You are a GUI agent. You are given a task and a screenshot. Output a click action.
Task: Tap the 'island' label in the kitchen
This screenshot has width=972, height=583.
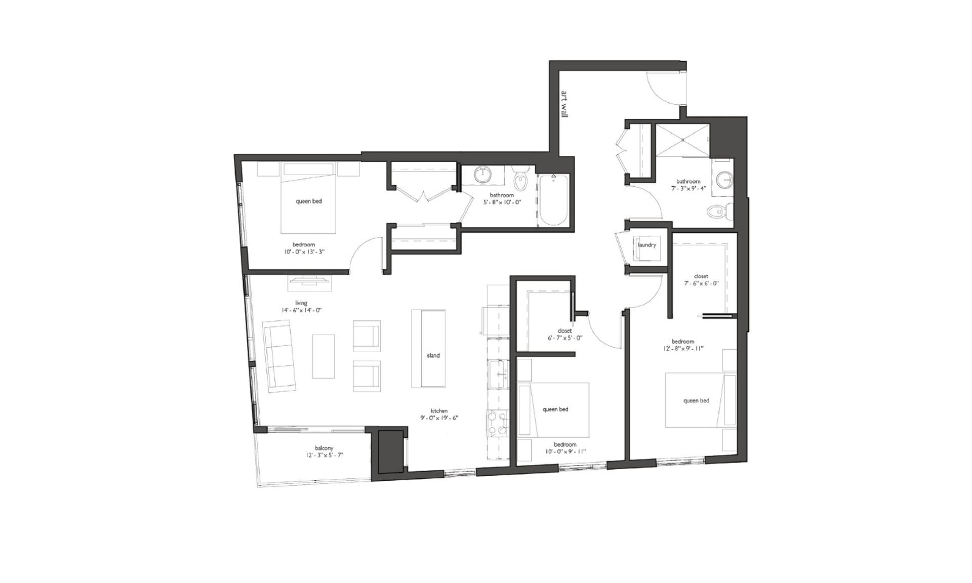click(x=433, y=355)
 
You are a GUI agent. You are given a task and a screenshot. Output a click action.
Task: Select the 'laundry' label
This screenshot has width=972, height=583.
click(x=647, y=245)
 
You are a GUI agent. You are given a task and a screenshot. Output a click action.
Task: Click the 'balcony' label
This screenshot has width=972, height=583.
click(x=324, y=448)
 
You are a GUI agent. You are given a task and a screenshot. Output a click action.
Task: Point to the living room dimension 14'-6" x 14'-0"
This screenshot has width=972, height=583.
click(x=301, y=310)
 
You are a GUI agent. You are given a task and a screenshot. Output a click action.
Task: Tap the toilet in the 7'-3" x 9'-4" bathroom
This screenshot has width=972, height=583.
click(x=720, y=211)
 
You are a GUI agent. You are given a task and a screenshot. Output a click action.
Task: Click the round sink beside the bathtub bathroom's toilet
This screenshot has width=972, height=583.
click(x=484, y=175)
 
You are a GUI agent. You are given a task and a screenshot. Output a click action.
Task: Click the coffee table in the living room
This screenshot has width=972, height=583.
click(x=323, y=356)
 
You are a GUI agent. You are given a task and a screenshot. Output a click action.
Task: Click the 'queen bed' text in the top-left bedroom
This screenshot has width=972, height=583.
click(x=309, y=201)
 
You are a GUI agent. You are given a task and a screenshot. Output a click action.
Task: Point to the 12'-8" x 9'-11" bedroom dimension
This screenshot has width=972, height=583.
click(x=683, y=349)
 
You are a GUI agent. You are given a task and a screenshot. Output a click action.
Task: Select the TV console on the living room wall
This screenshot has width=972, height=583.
click(x=309, y=283)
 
